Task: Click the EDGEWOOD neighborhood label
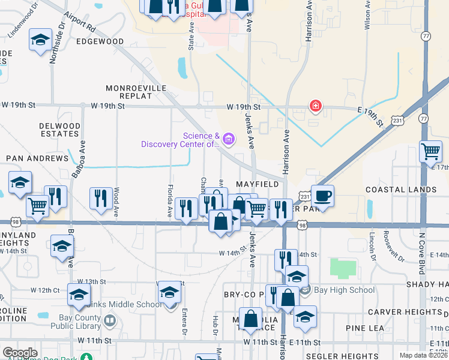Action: click(100, 41)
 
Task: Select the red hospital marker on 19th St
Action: click(315, 106)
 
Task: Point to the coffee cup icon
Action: click(322, 196)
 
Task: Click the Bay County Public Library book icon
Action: click(110, 321)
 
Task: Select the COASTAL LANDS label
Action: click(402, 190)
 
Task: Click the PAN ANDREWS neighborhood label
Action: click(37, 158)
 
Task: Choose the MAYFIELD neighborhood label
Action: click(257, 183)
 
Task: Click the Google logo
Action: click(20, 353)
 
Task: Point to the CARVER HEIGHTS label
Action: click(405, 312)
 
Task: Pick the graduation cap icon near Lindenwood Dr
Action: click(40, 40)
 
